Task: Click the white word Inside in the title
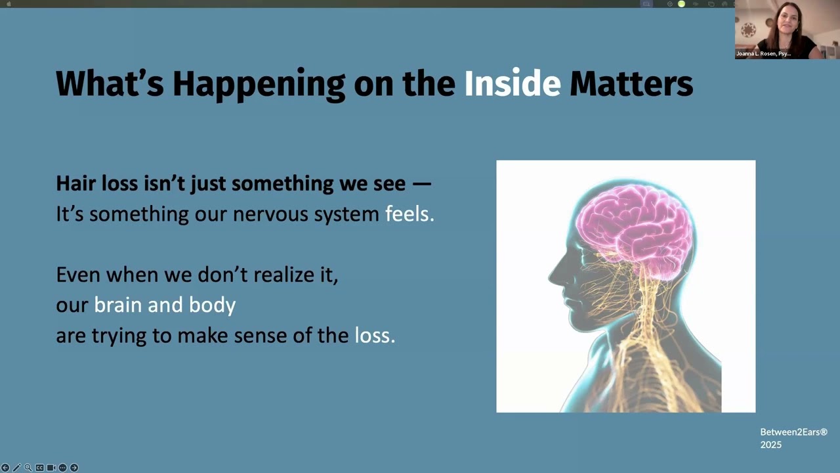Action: [x=512, y=84]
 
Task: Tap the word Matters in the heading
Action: [x=631, y=84]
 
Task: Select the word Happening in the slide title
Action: [x=259, y=84]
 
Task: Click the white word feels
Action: [x=409, y=214]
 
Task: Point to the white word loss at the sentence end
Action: [x=374, y=336]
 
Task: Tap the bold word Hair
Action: [x=76, y=183]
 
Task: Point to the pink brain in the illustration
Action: [x=633, y=223]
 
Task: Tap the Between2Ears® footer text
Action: [x=793, y=432]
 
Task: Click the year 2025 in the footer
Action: [x=771, y=445]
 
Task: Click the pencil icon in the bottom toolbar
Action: [x=16, y=468]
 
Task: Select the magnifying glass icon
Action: [x=28, y=468]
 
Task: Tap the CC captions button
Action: [x=39, y=468]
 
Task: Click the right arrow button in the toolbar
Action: [x=74, y=468]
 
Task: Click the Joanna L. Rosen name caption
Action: [x=763, y=54]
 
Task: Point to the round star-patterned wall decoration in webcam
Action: [x=749, y=30]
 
